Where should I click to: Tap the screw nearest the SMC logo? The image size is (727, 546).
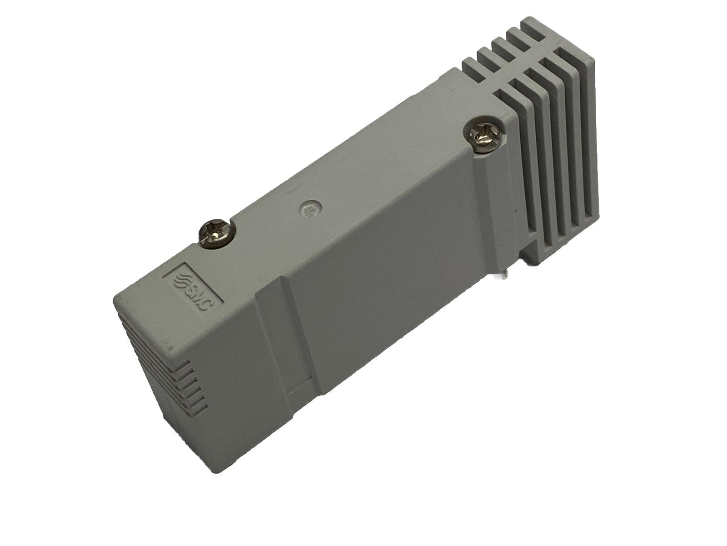pos(215,232)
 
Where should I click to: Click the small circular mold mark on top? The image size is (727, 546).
pos(310,210)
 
